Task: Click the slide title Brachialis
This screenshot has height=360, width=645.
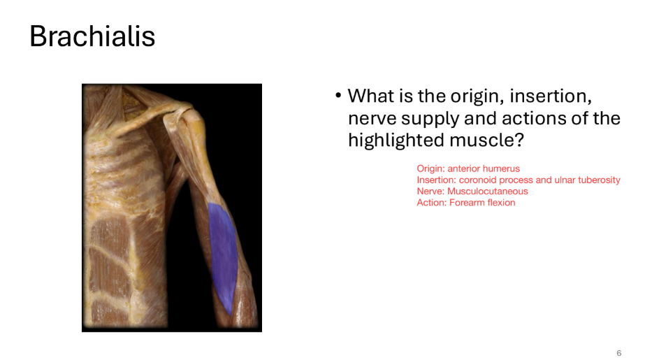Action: [92, 36]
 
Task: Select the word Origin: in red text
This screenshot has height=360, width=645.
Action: [431, 168]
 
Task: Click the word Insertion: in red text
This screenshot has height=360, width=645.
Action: [436, 180]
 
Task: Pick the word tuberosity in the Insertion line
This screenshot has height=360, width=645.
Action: [600, 180]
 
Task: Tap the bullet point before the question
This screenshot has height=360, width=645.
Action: [338, 96]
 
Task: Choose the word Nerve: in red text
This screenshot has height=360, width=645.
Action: [430, 191]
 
